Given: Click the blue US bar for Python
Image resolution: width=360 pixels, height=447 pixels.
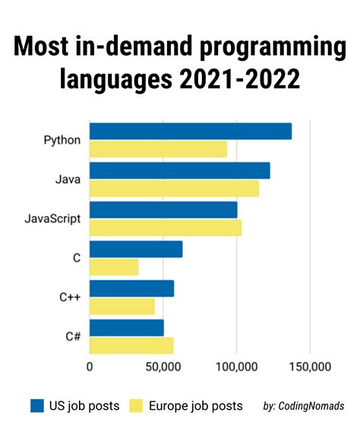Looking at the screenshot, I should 191,131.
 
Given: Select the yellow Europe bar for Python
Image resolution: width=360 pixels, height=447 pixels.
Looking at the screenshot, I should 158,149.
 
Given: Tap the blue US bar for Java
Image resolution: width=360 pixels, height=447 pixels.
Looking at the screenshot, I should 179,170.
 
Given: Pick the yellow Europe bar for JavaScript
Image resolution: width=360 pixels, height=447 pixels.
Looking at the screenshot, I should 166,227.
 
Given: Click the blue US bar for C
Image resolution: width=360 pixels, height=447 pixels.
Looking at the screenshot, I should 136,249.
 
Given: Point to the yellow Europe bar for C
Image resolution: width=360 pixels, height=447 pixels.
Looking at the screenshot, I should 114,267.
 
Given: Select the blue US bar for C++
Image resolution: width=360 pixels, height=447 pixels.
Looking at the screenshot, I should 131,288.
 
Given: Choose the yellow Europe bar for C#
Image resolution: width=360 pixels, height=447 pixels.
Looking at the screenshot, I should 131,345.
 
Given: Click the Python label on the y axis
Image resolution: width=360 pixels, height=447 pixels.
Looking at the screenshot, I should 62,141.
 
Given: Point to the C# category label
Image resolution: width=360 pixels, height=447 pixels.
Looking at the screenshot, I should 72,337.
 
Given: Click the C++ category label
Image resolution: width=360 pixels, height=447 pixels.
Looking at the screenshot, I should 70,297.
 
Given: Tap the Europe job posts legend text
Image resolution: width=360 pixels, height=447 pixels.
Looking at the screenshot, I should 195,405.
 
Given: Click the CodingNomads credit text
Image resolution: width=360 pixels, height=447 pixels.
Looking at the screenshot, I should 305,406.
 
